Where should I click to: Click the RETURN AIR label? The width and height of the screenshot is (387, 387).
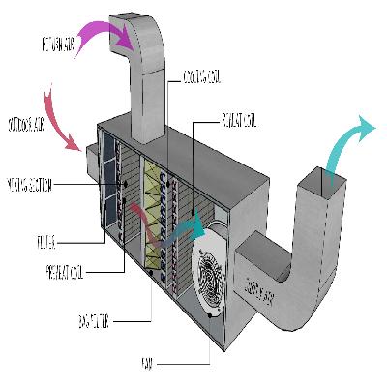pos(59,45)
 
